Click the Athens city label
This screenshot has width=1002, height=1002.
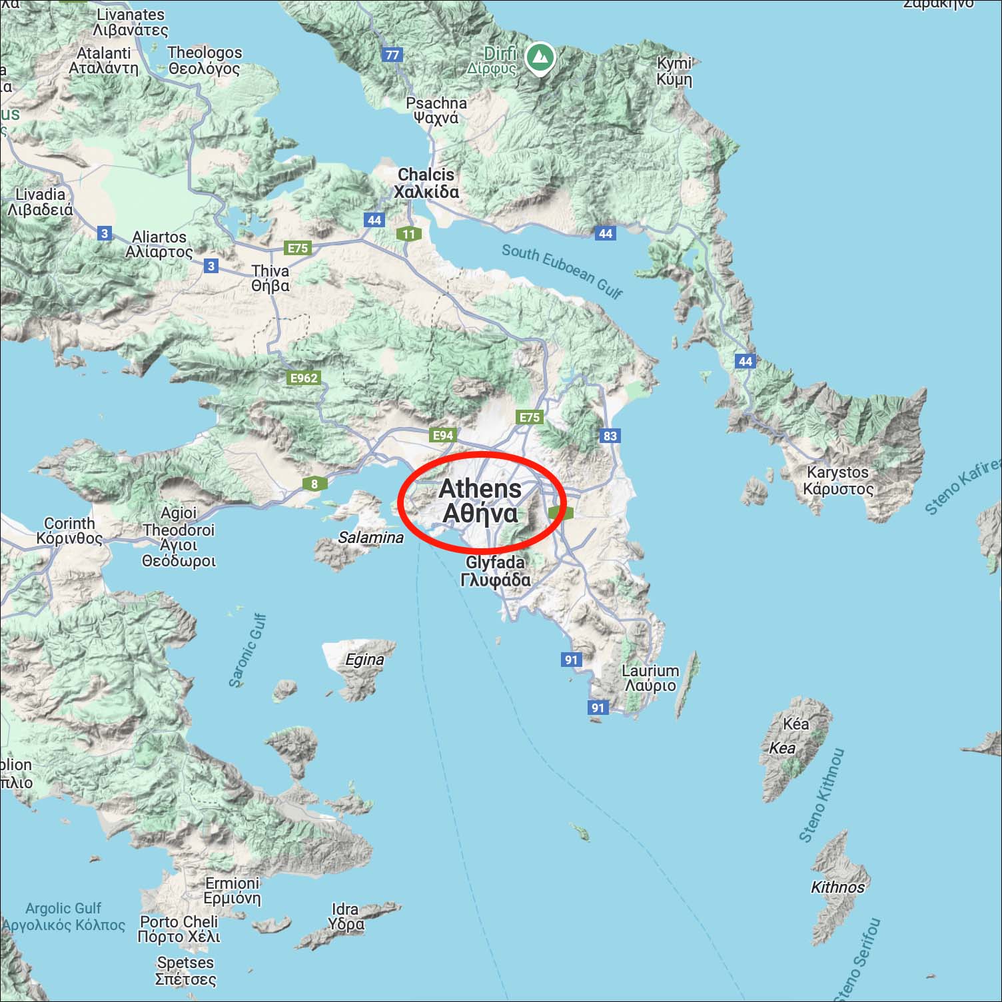(x=480, y=501)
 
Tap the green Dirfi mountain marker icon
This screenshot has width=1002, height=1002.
(x=540, y=58)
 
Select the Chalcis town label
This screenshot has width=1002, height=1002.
(x=426, y=183)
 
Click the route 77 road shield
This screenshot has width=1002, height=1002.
(x=392, y=55)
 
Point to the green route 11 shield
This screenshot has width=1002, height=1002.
(x=409, y=234)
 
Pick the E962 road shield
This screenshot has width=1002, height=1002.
(x=304, y=378)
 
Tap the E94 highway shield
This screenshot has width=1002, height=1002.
(x=443, y=436)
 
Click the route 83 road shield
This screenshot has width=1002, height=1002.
(x=610, y=436)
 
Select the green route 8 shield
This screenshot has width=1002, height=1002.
(x=314, y=484)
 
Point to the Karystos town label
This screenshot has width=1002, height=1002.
(x=838, y=480)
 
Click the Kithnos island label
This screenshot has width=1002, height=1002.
(x=837, y=887)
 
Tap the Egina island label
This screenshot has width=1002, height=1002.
(x=364, y=660)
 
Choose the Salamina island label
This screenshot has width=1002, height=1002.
(x=370, y=537)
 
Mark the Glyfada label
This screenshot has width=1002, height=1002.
(x=495, y=571)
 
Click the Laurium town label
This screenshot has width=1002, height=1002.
(x=650, y=678)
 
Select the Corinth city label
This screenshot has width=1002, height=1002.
(x=70, y=531)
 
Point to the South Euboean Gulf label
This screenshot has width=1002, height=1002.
(x=562, y=270)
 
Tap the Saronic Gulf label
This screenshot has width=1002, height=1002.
(x=248, y=650)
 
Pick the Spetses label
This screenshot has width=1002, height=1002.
(x=185, y=971)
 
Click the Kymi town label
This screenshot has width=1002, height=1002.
(x=674, y=71)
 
